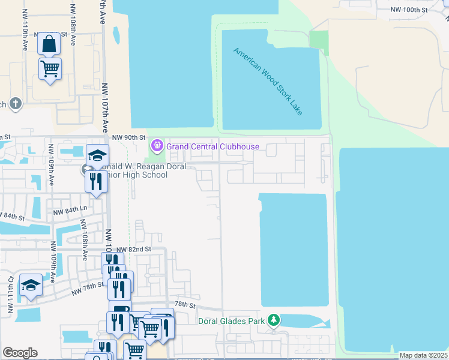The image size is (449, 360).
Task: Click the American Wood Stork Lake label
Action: (x=268, y=82)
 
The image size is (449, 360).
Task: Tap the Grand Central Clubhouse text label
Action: (x=212, y=146)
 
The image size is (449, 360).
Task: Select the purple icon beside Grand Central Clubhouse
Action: (x=158, y=145)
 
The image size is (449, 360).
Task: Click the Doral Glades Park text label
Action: (x=232, y=321)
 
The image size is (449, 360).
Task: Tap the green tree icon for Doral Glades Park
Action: (x=274, y=320)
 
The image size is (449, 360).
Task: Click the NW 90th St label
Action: (x=128, y=137)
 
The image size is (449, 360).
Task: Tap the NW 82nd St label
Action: (x=132, y=249)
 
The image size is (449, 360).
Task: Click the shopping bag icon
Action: (x=49, y=44)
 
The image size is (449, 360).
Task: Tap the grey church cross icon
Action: (x=16, y=104)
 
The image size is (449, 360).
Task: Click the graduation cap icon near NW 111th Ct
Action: (x=31, y=285)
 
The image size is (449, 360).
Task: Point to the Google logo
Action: (x=20, y=353)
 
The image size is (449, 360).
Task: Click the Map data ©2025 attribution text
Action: (x=423, y=355)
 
